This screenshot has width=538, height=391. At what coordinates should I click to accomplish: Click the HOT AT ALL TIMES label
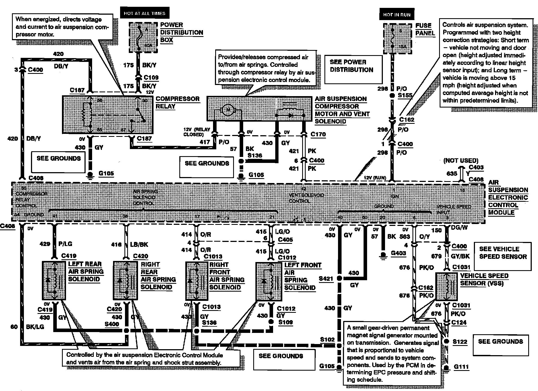point(144,13)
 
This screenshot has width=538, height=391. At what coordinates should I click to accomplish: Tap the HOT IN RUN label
point(396,15)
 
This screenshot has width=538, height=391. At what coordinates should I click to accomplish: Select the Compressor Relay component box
point(108,114)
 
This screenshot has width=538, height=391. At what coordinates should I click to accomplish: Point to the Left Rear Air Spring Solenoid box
point(54,280)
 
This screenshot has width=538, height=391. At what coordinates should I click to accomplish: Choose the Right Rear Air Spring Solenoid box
point(125,280)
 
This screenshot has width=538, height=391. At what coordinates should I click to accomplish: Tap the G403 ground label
point(398,253)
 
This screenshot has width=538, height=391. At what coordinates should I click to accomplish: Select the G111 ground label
point(461,367)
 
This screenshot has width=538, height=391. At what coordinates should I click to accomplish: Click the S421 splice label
point(326,278)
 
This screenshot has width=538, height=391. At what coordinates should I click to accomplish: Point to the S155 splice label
point(405,95)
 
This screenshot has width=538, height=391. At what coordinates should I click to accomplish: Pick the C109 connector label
point(151,77)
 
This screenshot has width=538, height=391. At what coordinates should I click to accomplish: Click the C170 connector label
point(318,134)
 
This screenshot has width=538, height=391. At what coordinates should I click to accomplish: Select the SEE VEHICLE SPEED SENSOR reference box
point(503,256)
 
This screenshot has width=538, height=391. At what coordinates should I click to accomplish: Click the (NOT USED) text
point(461,160)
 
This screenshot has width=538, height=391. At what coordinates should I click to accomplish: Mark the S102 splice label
point(327,339)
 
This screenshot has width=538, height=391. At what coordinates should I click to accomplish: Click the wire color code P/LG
point(65,244)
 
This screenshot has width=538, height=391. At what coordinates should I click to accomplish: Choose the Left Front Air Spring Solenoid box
point(268,281)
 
